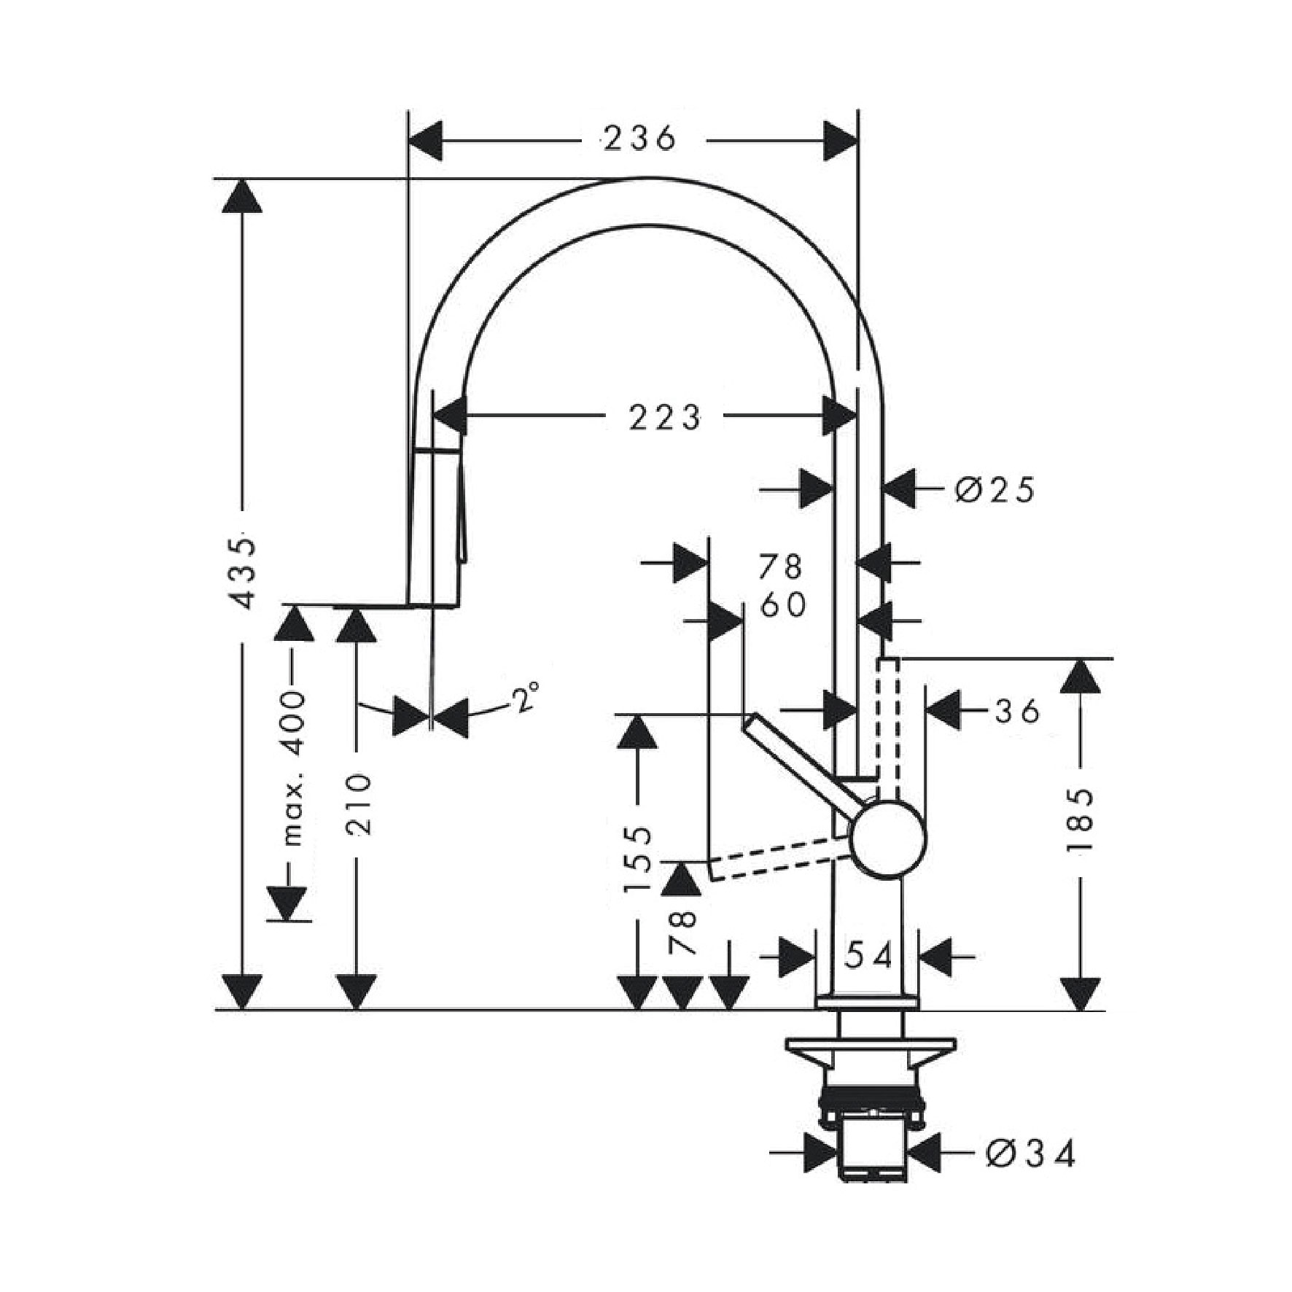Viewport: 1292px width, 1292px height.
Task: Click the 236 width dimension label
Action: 640,139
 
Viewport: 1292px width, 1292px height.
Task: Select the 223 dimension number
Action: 664,418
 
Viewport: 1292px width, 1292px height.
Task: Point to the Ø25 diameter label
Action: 995,490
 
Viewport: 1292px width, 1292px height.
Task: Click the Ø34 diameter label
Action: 1031,1154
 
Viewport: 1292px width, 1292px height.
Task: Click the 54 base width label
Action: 869,956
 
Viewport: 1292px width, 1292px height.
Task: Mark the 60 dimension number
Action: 783,604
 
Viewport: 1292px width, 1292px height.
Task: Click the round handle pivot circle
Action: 889,838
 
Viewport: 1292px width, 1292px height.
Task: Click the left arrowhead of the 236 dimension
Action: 426,141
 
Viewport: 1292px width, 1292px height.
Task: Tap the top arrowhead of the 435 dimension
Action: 241,196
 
